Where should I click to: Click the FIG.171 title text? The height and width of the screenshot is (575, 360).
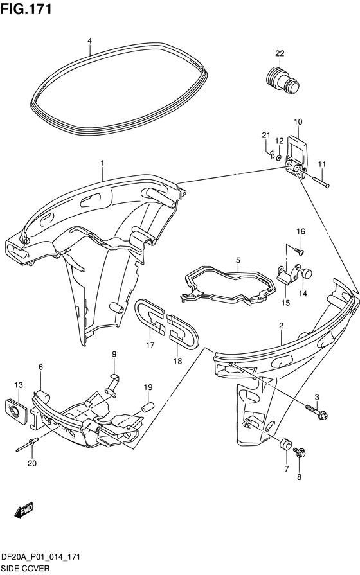tap(26, 9)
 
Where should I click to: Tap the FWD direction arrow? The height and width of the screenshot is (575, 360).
tap(24, 510)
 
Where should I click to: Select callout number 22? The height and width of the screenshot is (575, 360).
tap(280, 53)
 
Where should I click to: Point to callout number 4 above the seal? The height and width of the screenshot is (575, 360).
tap(89, 40)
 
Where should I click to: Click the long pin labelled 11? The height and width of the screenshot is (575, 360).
tap(321, 182)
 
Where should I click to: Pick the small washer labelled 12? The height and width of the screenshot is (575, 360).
tap(278, 157)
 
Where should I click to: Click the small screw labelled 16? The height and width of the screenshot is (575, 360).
tap(300, 251)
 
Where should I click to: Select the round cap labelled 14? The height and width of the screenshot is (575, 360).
tap(306, 274)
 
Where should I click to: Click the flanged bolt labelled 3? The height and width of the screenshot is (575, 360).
tap(316, 411)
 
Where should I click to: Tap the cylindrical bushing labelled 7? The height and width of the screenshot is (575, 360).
tap(285, 444)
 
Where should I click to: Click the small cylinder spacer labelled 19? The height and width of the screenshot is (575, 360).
tap(148, 407)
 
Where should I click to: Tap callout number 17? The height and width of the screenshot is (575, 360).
tap(150, 345)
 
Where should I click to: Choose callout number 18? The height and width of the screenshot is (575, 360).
tap(177, 361)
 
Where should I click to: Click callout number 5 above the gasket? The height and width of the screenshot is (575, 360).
tap(238, 260)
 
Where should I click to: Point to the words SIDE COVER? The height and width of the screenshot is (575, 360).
tap(25, 568)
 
